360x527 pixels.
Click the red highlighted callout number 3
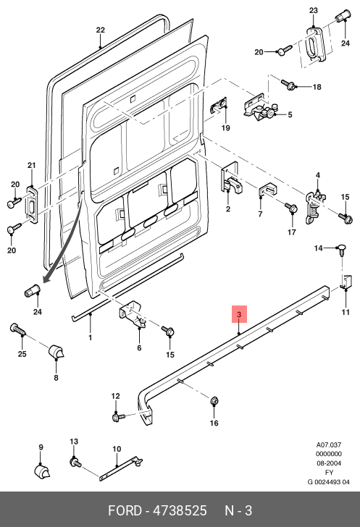pyautogui.click(x=239, y=314)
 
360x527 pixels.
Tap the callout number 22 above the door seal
pyautogui.click(x=100, y=30)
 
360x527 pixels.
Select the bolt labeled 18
pyautogui.click(x=288, y=85)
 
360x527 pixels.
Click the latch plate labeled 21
pyautogui.click(x=32, y=204)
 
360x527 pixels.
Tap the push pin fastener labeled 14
pyautogui.click(x=342, y=250)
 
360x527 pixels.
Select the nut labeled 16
pyautogui.click(x=214, y=400)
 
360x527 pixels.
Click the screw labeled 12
pyautogui.click(x=118, y=417)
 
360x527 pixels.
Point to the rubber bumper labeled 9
pyautogui.click(x=42, y=471)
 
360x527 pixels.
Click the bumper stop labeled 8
pyautogui.click(x=56, y=352)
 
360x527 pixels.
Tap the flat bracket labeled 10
pyautogui.click(x=121, y=468)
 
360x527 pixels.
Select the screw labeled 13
pyautogui.click(x=76, y=463)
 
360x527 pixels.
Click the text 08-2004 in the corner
pyautogui.click(x=329, y=463)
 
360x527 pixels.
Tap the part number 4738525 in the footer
pyautogui.click(x=180, y=510)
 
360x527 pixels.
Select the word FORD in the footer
pyautogui.click(x=125, y=510)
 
